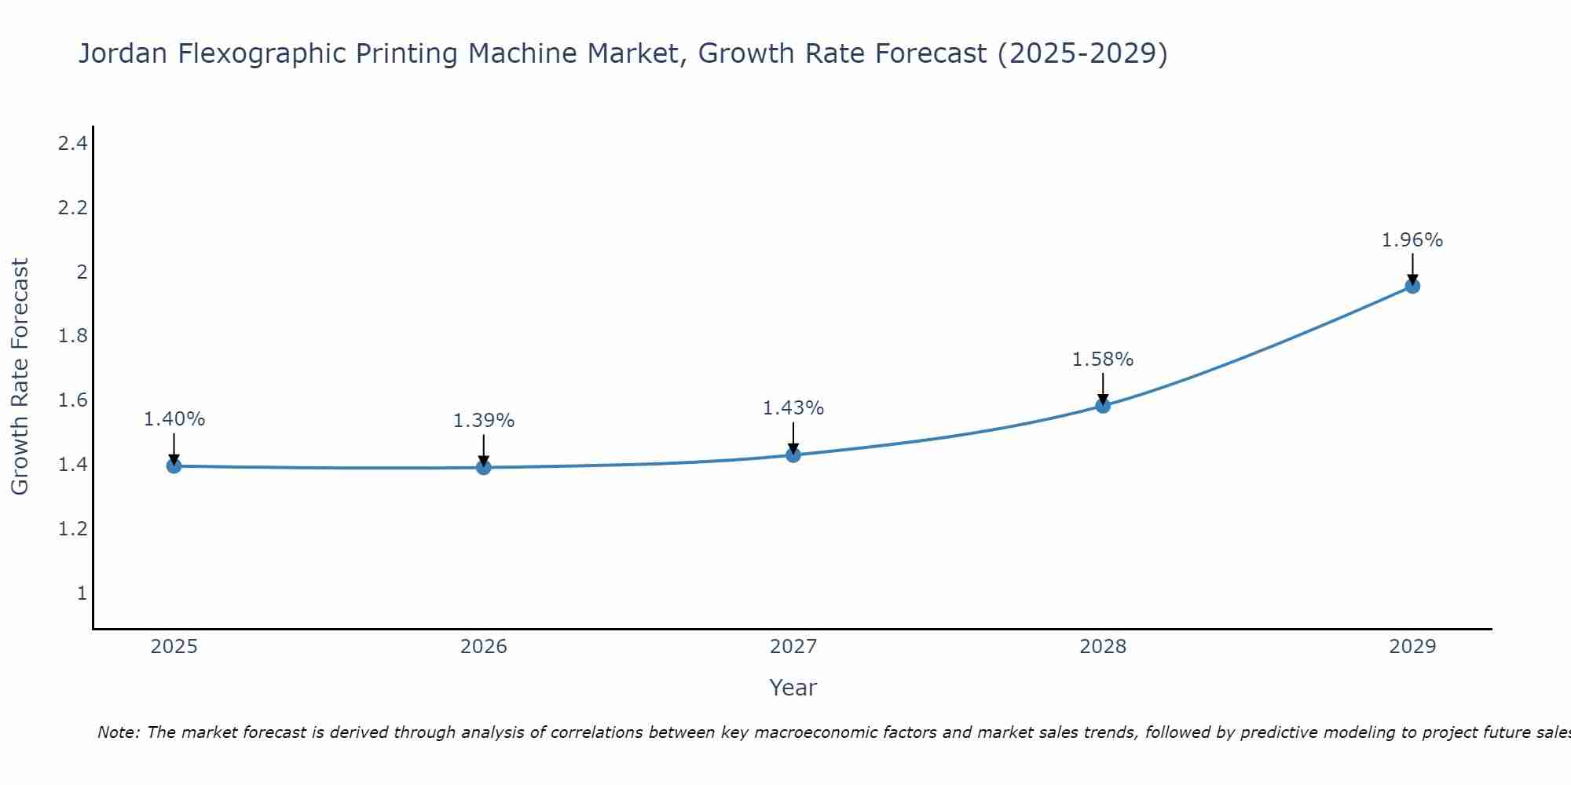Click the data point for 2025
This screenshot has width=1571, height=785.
pyautogui.click(x=174, y=466)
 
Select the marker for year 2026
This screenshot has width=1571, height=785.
pyautogui.click(x=484, y=468)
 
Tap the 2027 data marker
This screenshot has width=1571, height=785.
pyautogui.click(x=793, y=455)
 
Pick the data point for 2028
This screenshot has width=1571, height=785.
pyautogui.click(x=1103, y=406)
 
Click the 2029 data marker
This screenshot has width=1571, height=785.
pyautogui.click(x=1412, y=287)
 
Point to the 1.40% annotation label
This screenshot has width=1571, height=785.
pyautogui.click(x=174, y=419)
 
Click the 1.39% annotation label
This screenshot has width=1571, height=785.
pyautogui.click(x=484, y=421)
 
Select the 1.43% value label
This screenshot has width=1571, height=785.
pyautogui.click(x=793, y=408)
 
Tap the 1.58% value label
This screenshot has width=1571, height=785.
pyautogui.click(x=1103, y=360)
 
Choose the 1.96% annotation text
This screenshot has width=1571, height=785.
pyautogui.click(x=1412, y=240)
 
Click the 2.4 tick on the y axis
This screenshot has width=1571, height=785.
pyautogui.click(x=72, y=144)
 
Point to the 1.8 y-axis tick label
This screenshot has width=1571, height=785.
pyautogui.click(x=72, y=337)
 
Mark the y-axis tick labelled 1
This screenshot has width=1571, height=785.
pyautogui.click(x=81, y=593)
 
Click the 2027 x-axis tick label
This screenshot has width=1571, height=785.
pyautogui.click(x=793, y=647)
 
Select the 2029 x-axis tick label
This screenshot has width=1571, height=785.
pyautogui.click(x=1412, y=647)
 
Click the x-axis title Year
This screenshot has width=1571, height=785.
pyautogui.click(x=793, y=688)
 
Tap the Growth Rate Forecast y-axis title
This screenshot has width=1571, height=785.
pyautogui.click(x=20, y=377)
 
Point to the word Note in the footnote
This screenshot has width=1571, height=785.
pyautogui.click(x=119, y=733)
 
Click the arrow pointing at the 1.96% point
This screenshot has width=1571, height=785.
pyautogui.click(x=1412, y=268)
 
